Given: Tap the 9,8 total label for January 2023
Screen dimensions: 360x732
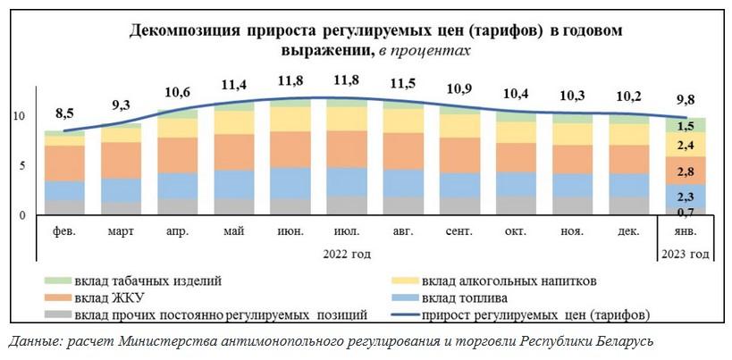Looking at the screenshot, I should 686,99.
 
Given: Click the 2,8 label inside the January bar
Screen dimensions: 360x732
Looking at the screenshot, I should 686,172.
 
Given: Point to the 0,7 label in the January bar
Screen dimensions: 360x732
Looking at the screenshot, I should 686,212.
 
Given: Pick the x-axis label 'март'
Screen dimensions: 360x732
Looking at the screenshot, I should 121,232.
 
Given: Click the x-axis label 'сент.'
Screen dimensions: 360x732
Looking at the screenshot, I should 459,232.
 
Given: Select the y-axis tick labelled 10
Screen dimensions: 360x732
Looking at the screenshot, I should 20,117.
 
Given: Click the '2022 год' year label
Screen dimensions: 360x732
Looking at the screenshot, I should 347,255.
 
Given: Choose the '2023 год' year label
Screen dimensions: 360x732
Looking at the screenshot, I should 686,255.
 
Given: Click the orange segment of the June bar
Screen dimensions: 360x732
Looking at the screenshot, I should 290,149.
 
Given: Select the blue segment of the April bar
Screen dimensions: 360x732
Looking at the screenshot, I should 176,185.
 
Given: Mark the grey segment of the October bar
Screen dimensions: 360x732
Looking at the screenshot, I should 516,205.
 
